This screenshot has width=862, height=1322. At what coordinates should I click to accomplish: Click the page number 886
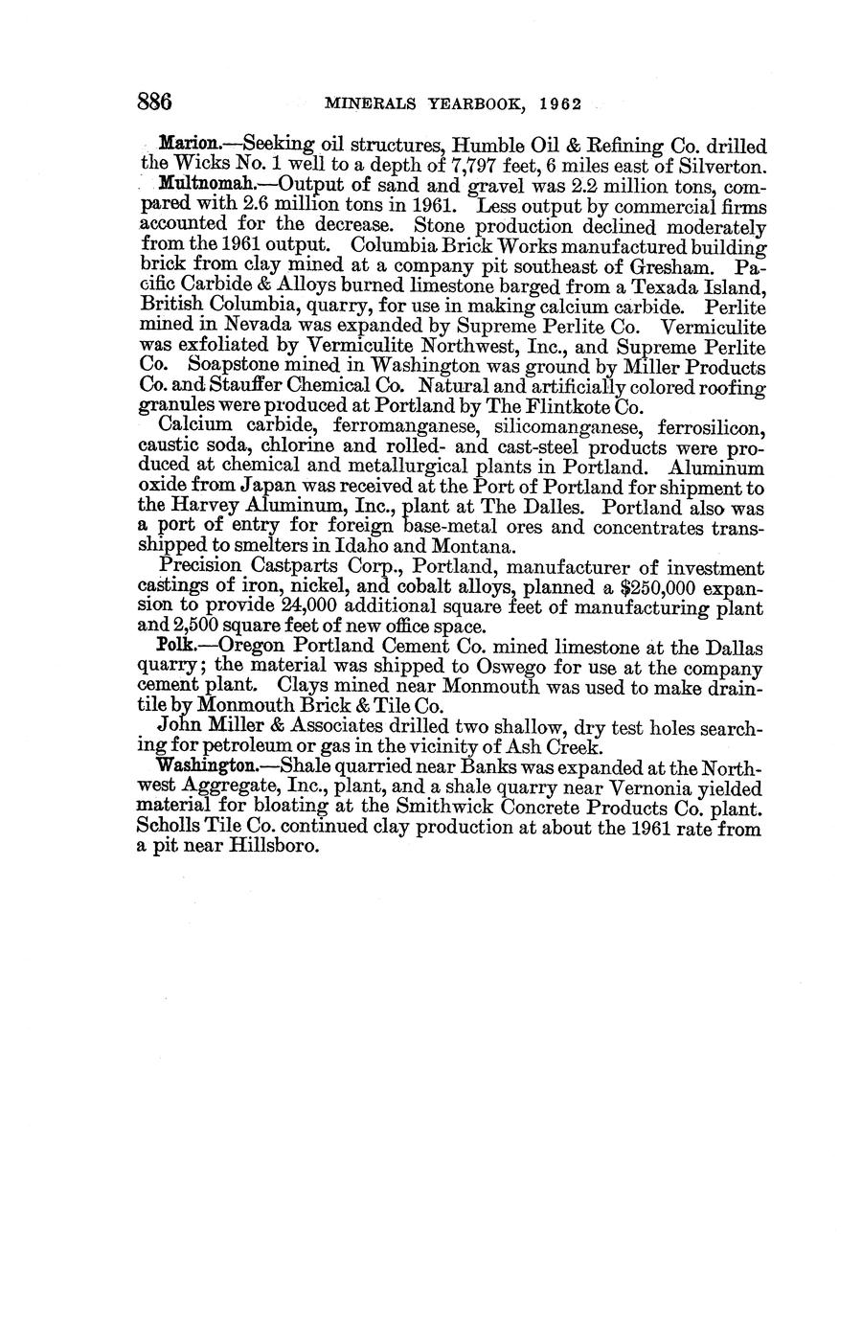pyautogui.click(x=154, y=100)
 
